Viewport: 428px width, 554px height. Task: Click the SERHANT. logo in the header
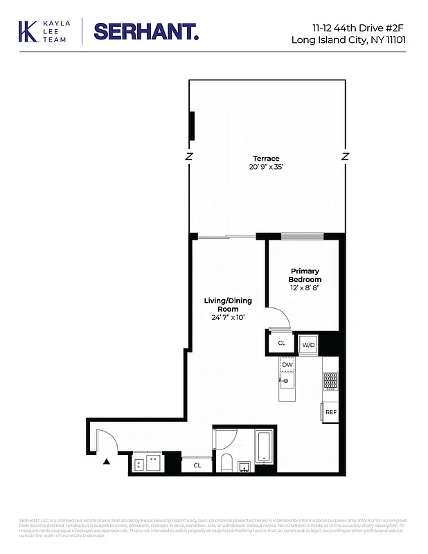pos(146,31)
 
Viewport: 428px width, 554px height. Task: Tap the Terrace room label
pos(266,159)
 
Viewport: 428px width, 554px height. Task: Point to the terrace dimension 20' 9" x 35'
pos(266,168)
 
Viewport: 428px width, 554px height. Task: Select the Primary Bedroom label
pos(305,275)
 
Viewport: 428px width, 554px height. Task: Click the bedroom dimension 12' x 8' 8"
pos(305,287)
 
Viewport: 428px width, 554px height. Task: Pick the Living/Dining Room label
pos(228,305)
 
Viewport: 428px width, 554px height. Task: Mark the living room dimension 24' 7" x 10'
pos(228,318)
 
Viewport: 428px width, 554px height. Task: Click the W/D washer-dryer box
pos(307,344)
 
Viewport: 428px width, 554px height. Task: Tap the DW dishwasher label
pos(287,364)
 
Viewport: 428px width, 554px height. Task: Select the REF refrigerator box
pos(330,412)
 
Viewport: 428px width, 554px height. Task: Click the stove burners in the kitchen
pos(330,382)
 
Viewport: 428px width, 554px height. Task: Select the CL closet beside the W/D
pos(282,343)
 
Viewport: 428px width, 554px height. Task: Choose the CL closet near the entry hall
pos(197,465)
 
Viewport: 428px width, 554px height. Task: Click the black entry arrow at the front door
pos(106,461)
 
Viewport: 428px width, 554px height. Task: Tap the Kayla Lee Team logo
pos(41,31)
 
